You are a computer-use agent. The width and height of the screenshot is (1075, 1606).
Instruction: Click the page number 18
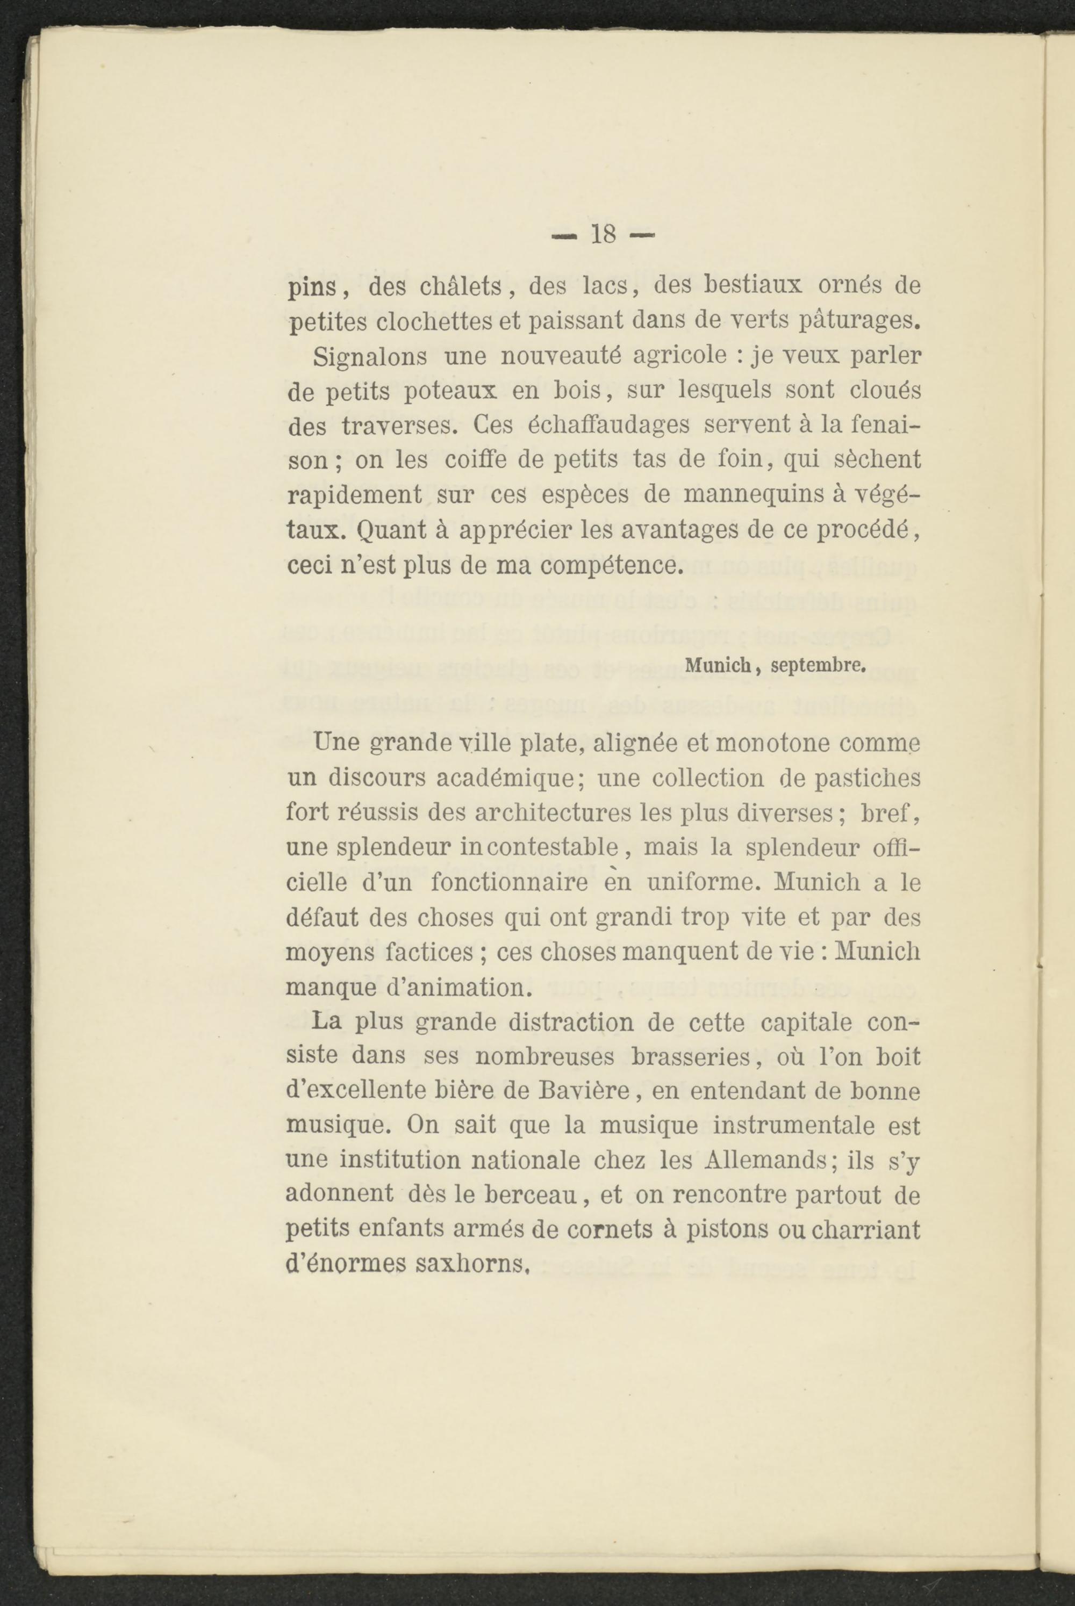[x=603, y=235]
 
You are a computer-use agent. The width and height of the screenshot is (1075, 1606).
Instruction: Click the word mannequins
[x=759, y=495]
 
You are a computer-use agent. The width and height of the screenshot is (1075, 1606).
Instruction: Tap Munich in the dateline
[x=719, y=665]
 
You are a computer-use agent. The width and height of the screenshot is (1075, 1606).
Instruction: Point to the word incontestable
[x=540, y=847]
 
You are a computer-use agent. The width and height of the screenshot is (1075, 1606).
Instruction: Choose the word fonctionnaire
[x=510, y=882]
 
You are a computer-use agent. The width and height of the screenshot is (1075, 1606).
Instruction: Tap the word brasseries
[x=697, y=1056]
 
